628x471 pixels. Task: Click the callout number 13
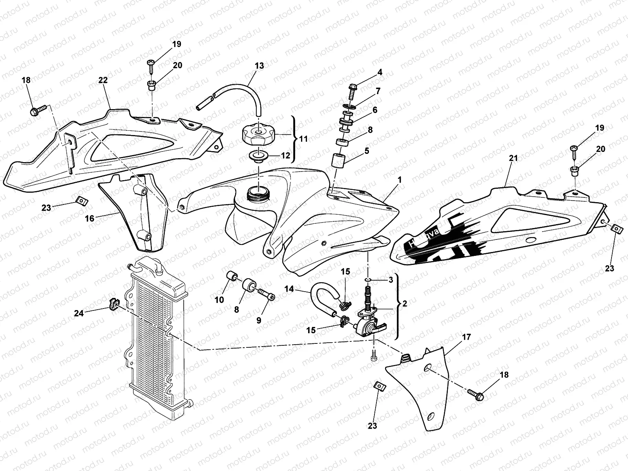click(259, 66)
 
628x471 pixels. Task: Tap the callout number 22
click(103, 80)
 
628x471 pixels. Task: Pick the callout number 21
click(513, 159)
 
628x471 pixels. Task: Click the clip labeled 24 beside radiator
click(113, 303)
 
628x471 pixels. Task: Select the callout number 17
click(467, 337)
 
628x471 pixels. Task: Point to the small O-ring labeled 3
click(368, 279)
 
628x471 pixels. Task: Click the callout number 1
click(399, 179)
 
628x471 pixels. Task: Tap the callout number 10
click(219, 300)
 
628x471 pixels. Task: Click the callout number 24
click(79, 313)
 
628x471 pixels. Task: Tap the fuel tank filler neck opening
click(256, 194)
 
